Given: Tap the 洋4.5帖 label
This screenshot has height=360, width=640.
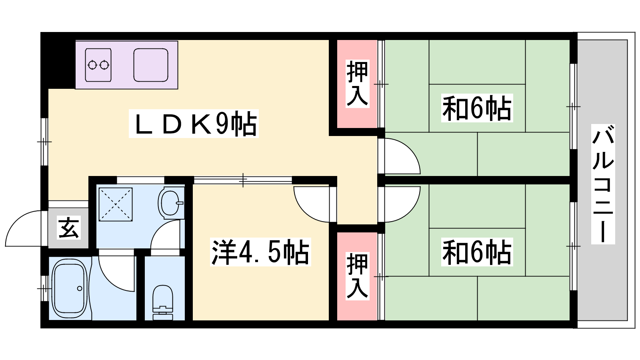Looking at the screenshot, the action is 260,252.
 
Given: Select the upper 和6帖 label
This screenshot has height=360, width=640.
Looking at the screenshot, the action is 477,108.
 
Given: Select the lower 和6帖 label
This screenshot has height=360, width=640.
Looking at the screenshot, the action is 477,252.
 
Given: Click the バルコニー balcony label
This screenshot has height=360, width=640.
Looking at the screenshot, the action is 603,184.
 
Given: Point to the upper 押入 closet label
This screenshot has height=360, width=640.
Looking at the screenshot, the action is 357,84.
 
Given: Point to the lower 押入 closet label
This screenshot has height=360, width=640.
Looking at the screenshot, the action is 357,276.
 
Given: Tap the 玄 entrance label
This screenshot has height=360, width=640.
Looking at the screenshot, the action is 68,228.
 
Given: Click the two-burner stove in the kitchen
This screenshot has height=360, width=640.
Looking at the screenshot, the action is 98,65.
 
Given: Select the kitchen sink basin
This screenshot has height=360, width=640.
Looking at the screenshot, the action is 151,65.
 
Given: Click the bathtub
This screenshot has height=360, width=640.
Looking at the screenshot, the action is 70,288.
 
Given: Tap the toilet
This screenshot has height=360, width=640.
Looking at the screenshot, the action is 163,302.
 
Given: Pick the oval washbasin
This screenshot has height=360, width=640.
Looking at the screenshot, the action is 170,203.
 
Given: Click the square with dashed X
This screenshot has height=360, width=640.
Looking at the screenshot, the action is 116,204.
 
